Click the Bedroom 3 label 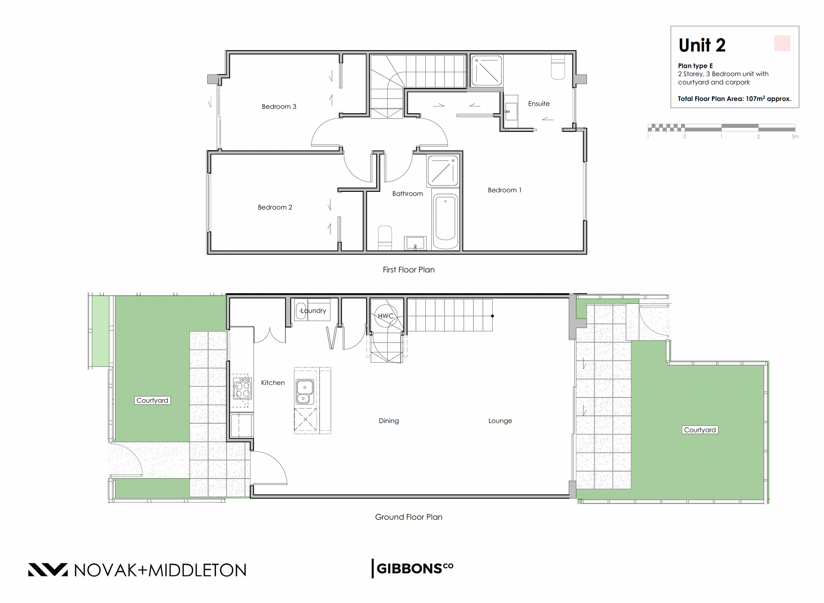(279, 106)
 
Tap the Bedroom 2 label (275, 207)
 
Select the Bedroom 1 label (505, 190)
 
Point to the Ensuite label (539, 104)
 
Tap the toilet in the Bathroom (385, 238)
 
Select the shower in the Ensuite (487, 70)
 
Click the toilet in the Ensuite (558, 68)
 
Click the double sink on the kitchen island (305, 392)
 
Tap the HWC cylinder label (385, 316)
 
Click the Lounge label (500, 421)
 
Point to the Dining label (389, 421)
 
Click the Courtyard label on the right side (700, 430)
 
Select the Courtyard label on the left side (152, 400)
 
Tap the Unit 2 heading (702, 45)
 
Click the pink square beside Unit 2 (782, 43)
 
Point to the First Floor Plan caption (409, 270)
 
